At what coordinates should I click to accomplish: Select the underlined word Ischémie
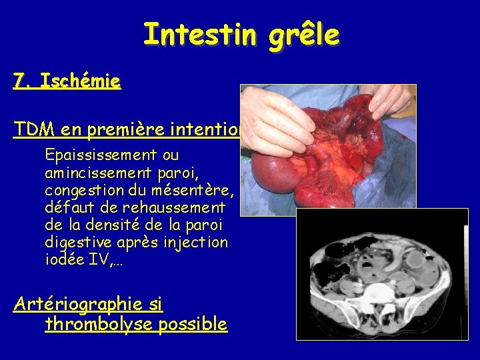pos(80,81)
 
